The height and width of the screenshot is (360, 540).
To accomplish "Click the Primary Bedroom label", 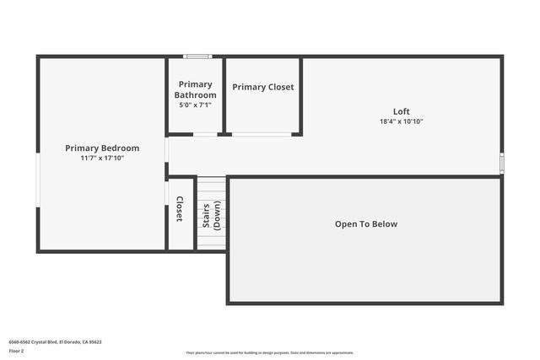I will tap(102, 148).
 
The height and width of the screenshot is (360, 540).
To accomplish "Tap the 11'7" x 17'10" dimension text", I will tap(102, 158).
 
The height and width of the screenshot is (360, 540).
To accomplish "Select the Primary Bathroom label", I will tap(196, 89).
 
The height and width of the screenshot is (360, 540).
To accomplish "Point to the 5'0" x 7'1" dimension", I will tap(196, 105).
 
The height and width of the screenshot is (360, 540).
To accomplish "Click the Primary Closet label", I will tap(263, 87).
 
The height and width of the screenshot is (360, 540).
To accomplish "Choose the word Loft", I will tap(402, 111).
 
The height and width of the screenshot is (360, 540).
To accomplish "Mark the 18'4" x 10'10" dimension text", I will tap(402, 121).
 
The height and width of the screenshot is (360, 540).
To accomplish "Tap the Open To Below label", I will tap(366, 224).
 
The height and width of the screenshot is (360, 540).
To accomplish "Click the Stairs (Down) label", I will tap(211, 216).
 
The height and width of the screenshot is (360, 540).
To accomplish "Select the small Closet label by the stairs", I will tap(180, 210).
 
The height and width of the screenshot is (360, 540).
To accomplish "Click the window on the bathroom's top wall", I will tap(197, 56).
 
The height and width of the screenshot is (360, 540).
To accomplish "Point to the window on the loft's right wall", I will tap(502, 163).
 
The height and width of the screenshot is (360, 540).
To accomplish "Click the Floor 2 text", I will tap(16, 350).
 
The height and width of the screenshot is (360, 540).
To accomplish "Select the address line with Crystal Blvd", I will tap(55, 341).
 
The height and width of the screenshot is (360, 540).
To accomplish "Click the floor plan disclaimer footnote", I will tap(270, 352).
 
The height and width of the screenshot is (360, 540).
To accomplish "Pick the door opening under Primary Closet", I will tap(262, 133).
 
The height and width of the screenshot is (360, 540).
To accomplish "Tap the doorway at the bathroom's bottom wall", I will tap(205, 133).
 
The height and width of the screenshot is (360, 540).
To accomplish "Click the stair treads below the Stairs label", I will tap(211, 240).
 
